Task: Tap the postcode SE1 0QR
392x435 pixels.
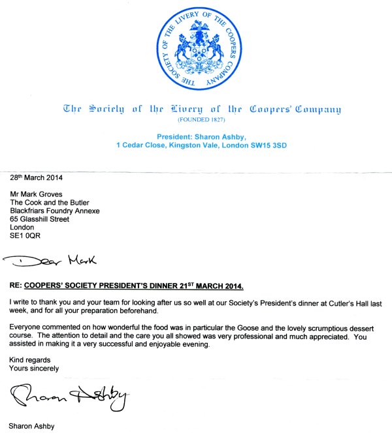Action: click(x=25, y=236)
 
